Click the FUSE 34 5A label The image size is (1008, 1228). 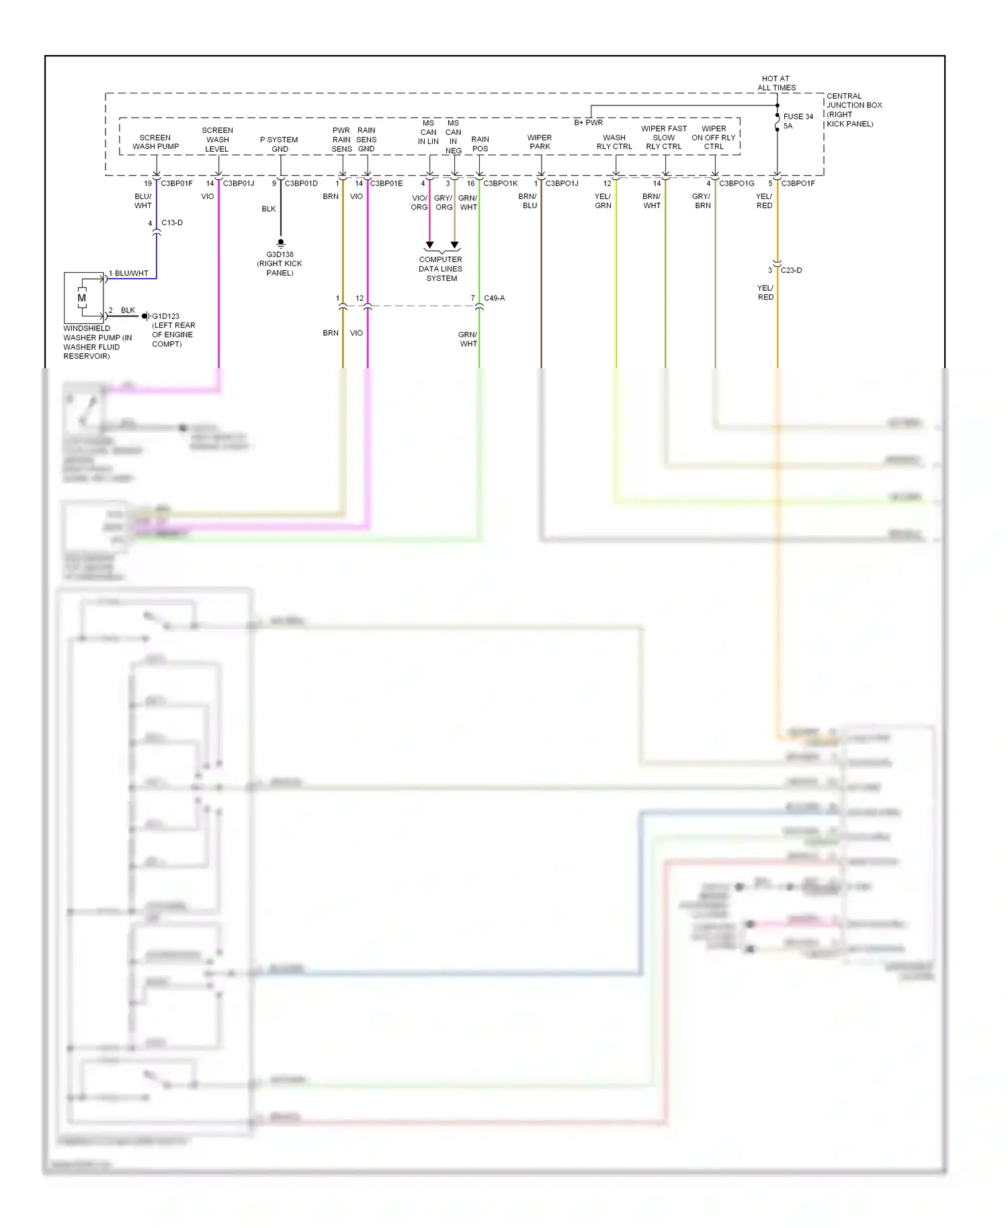click(798, 121)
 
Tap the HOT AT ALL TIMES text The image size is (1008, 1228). click(776, 83)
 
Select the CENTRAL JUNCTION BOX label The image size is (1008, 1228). click(853, 109)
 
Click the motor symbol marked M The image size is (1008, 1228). click(82, 298)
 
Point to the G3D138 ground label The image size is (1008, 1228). click(280, 263)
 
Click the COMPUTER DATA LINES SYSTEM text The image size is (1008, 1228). click(441, 269)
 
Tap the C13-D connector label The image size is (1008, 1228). click(172, 222)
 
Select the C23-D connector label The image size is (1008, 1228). click(791, 270)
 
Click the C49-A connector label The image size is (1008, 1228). click(494, 298)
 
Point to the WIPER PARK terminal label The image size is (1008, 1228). click(540, 142)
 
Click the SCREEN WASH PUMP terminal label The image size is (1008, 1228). click(155, 142)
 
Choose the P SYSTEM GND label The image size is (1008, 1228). click(279, 144)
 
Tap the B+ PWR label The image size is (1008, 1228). click(588, 122)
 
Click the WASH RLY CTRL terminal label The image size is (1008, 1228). click(614, 142)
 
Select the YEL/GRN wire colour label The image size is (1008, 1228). click(603, 201)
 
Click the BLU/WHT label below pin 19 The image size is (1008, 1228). click(143, 201)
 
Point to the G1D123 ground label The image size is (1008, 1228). click(165, 316)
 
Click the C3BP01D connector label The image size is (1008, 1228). click(301, 183)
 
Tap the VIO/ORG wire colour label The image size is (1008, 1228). click(419, 202)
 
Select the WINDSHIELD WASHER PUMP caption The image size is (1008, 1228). click(97, 342)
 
